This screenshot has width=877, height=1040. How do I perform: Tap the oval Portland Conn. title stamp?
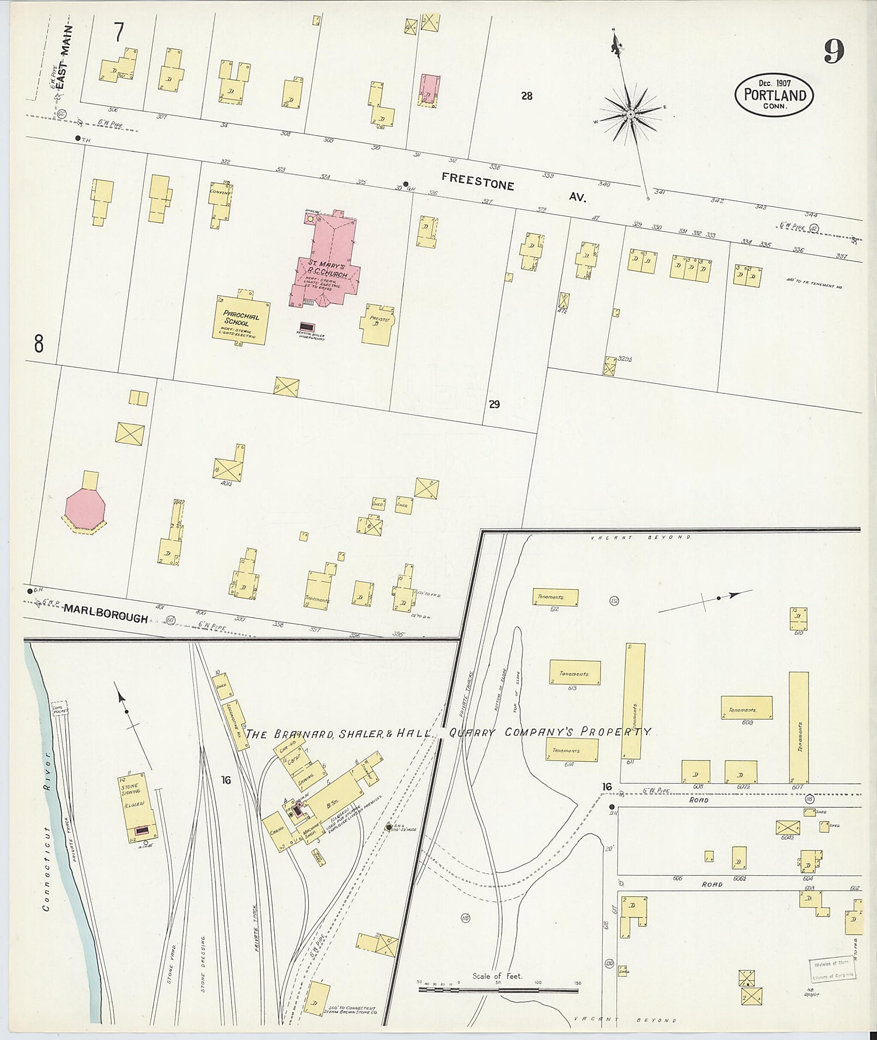(x=774, y=95)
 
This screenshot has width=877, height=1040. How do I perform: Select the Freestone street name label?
(x=478, y=182)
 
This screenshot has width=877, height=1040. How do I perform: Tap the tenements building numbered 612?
(x=555, y=597)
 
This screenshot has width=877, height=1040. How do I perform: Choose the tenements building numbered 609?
(x=746, y=707)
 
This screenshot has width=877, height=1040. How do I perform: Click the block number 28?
(x=527, y=96)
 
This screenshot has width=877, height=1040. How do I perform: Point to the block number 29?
(x=495, y=404)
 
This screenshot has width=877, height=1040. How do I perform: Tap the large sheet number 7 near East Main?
(x=119, y=33)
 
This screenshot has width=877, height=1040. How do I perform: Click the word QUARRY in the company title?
(x=473, y=734)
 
